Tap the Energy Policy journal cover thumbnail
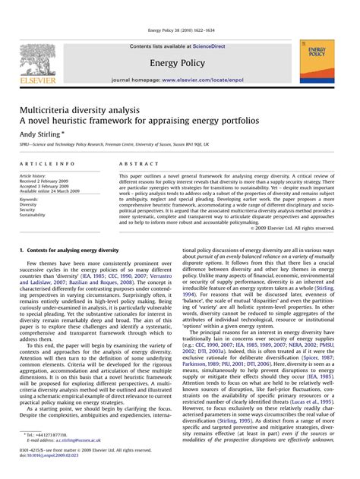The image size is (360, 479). (316, 61)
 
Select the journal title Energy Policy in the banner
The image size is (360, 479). (180, 62)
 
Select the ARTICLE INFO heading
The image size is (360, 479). (47, 164)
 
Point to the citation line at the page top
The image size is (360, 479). (179, 31)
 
